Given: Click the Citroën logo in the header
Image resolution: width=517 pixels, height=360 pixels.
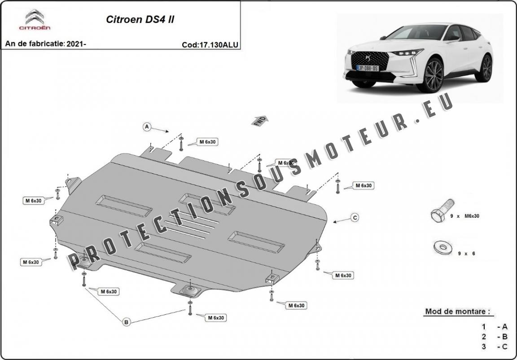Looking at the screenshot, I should pos(34,20).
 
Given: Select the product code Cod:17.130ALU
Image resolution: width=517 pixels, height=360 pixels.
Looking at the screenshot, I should pos(210,44).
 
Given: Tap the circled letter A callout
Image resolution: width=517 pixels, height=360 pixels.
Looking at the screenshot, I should pos(147,127).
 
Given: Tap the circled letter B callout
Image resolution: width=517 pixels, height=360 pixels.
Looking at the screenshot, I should pos(126,321).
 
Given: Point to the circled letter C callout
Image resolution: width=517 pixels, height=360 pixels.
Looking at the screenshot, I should pos(355,218).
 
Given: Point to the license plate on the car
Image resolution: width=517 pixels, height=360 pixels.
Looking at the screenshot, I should pos(368,68).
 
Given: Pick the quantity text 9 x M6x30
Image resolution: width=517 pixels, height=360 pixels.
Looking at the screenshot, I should pos(464,216).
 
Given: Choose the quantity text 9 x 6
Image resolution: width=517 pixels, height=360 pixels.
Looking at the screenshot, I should pos(466,254).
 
